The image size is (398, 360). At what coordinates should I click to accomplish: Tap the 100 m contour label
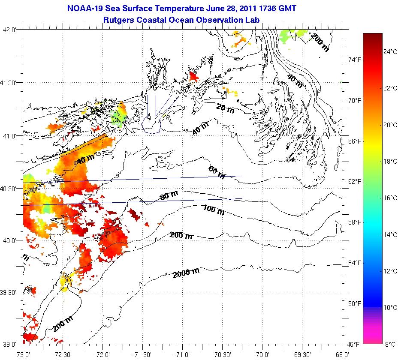(x=214, y=210)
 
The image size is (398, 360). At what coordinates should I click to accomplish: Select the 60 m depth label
(x=216, y=172)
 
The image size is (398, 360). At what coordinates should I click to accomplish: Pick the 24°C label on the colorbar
(x=390, y=52)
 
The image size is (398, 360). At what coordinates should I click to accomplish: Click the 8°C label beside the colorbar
(x=390, y=344)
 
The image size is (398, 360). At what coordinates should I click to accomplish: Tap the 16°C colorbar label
(x=390, y=198)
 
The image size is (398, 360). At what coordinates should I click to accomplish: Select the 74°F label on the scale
(x=354, y=60)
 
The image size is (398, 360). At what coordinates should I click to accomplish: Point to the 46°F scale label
(x=354, y=344)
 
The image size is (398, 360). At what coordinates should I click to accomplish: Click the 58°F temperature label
(x=354, y=222)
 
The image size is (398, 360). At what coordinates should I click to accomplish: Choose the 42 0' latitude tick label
(x=12, y=30)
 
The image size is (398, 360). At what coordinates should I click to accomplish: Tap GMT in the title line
(x=286, y=8)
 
